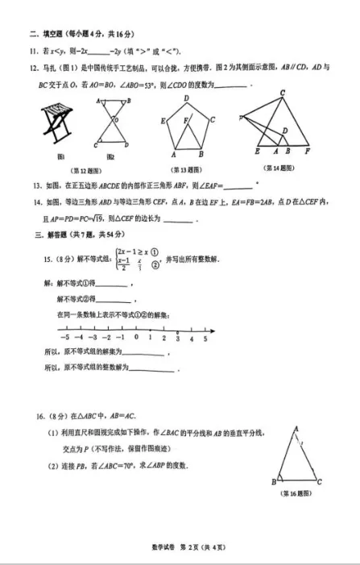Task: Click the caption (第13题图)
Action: pos(188,170)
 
